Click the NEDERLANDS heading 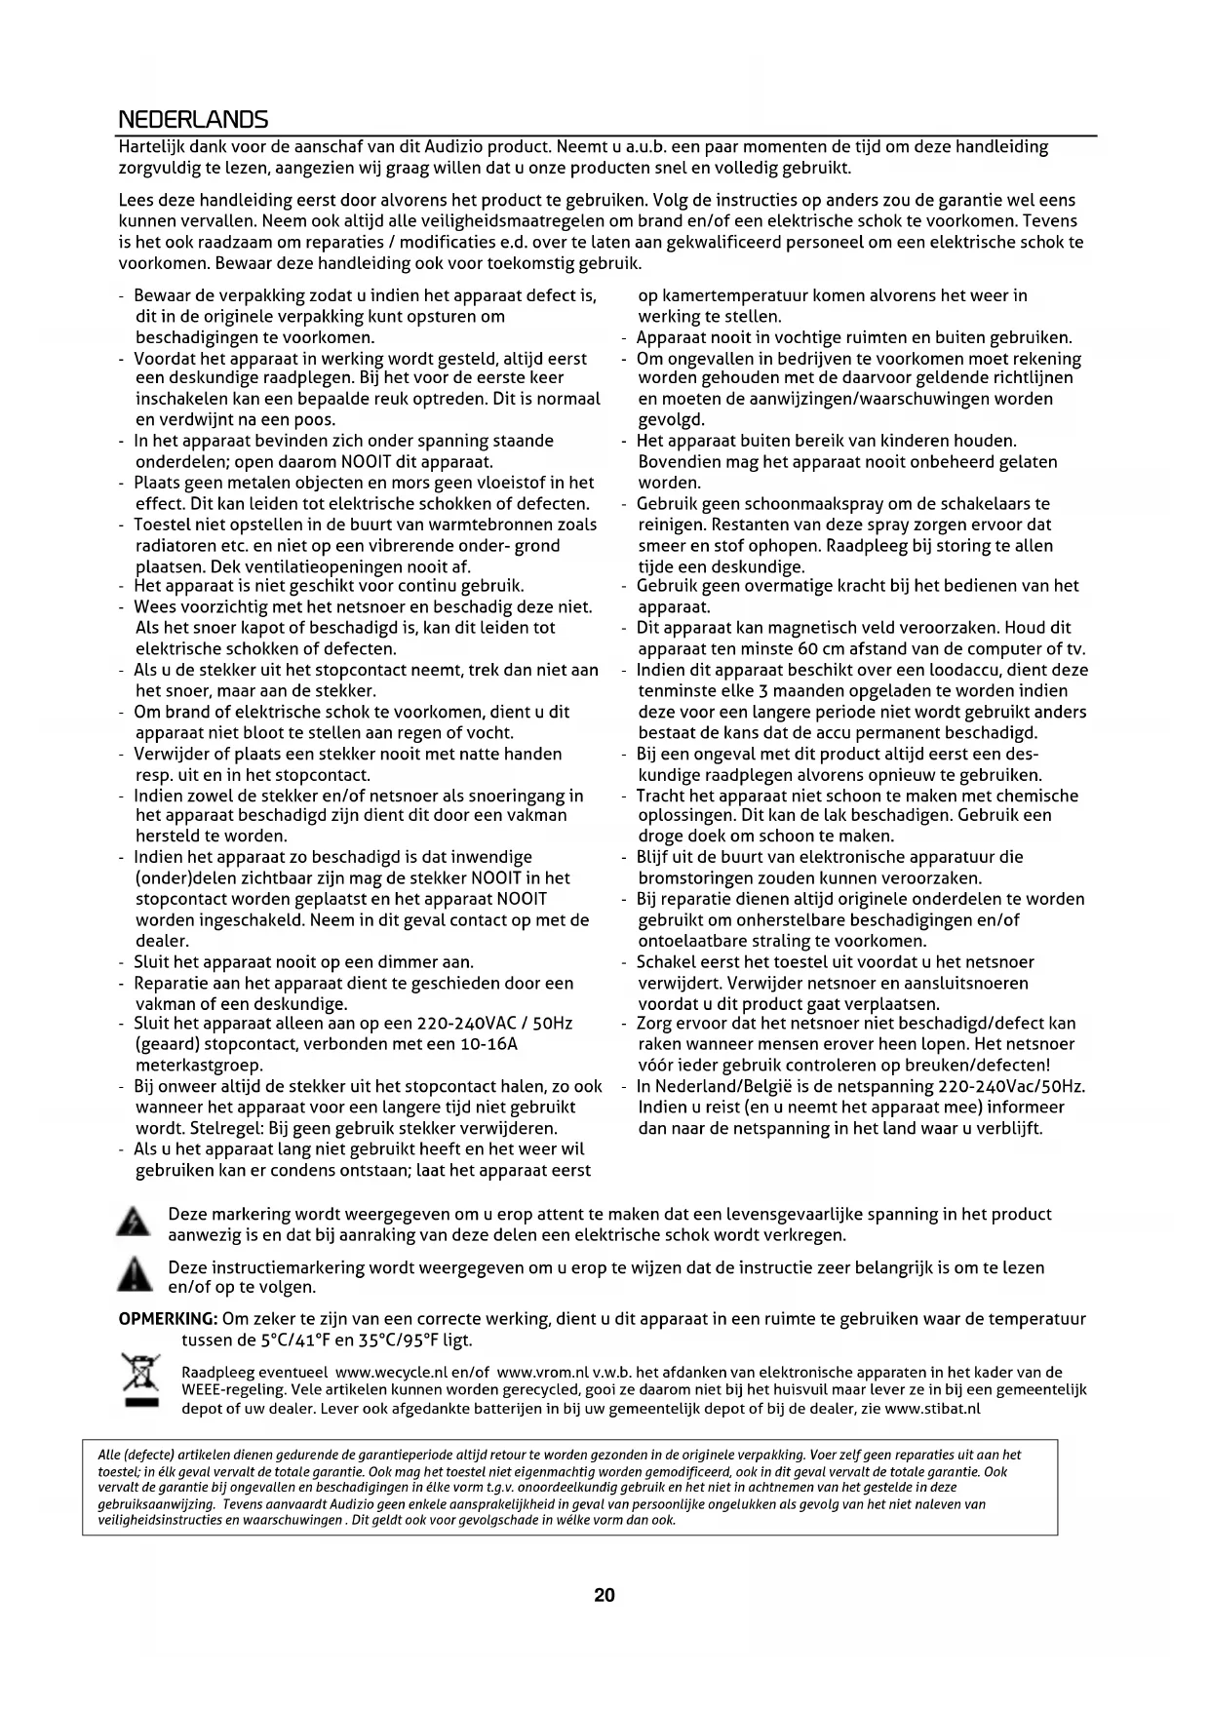pos(192,120)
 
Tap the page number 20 pos(605,1595)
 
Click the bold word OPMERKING pos(167,1319)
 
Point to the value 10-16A pos(488,1044)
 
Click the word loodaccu pos(923,670)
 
